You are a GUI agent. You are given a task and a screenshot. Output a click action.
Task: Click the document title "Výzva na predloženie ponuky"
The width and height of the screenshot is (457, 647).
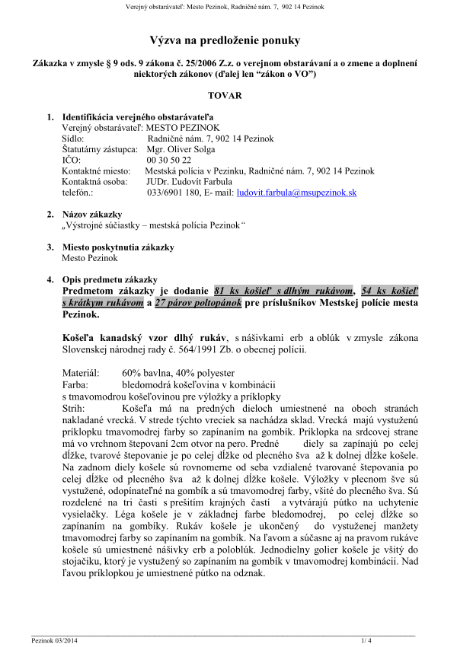pyautogui.click(x=225, y=40)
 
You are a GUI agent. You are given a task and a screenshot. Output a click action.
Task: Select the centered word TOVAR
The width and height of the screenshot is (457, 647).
pyautogui.click(x=225, y=96)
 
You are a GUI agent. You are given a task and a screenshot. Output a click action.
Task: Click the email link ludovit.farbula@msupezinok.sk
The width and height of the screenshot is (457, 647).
pyautogui.click(x=297, y=193)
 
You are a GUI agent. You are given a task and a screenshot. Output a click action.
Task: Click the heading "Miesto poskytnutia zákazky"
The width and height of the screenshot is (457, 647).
pyautogui.click(x=118, y=247)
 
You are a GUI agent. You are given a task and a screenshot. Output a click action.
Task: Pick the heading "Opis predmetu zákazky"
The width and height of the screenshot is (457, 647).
pyautogui.click(x=109, y=279)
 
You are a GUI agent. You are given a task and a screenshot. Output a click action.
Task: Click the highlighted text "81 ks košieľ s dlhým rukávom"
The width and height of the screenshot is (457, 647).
pyautogui.click(x=284, y=291)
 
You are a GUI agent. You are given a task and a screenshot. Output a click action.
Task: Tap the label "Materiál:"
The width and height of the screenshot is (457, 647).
pyautogui.click(x=80, y=374)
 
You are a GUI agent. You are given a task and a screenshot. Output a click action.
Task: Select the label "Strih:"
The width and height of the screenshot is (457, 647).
pyautogui.click(x=75, y=408)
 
